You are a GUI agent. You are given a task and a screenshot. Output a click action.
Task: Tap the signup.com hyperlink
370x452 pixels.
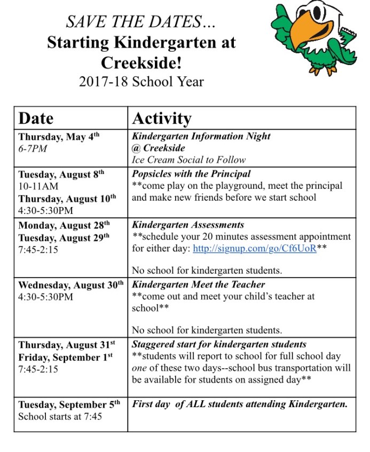[x=254, y=249]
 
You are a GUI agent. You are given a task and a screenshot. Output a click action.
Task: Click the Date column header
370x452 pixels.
[x=36, y=118]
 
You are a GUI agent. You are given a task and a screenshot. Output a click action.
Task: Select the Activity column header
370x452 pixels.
[x=161, y=118]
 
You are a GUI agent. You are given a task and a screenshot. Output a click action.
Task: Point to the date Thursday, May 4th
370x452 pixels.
[x=59, y=137]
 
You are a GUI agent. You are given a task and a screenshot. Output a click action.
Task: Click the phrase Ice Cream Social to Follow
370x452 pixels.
[x=188, y=160]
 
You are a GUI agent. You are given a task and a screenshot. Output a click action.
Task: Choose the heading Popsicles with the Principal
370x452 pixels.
[x=191, y=174]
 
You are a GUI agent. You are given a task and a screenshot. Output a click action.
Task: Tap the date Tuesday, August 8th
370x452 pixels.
[x=61, y=174]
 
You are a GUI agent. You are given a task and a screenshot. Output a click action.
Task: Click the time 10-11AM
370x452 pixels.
[x=38, y=186]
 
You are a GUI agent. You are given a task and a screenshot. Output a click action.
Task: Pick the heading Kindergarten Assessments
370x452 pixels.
[x=188, y=225]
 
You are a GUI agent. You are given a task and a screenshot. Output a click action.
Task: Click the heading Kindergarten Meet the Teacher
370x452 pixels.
[x=199, y=284]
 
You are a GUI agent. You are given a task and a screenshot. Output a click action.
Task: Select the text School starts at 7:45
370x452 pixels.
[x=60, y=416]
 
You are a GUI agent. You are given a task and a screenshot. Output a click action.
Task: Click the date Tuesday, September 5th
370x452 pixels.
[x=69, y=405]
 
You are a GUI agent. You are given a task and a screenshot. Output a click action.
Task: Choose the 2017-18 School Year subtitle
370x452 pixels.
[x=141, y=82]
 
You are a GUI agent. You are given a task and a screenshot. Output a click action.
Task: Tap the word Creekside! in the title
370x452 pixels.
[x=141, y=62]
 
